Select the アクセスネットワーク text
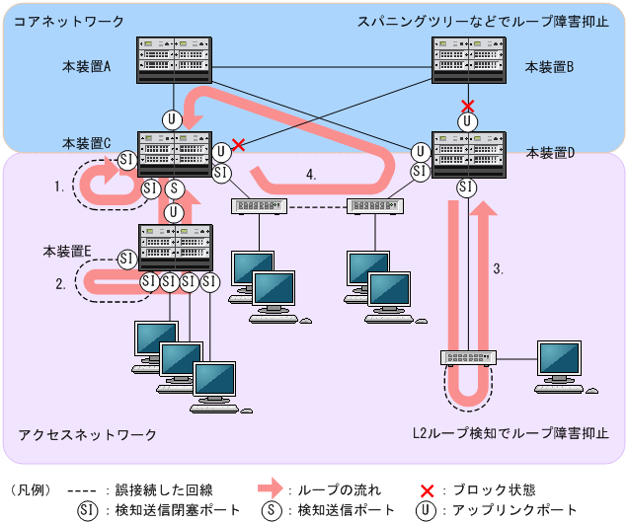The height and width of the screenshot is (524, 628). click(88, 435)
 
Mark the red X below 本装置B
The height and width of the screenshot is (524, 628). click(468, 106)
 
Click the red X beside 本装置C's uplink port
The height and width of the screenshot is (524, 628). click(238, 144)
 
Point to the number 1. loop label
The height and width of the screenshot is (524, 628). click(60, 185)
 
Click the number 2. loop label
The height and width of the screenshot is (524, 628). click(60, 283)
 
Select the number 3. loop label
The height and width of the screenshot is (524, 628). click(500, 268)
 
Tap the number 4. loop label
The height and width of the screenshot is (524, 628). click(311, 175)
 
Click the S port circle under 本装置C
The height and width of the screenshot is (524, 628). click(174, 187)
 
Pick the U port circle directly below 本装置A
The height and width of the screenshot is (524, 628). click(173, 119)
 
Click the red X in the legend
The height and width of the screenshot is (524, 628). click(429, 488)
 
